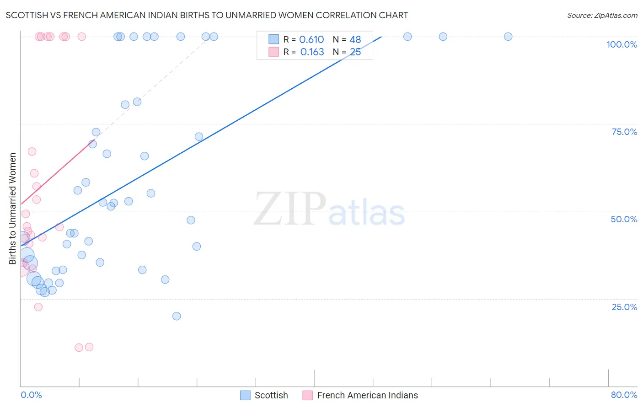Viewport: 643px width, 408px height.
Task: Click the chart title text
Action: [x=207, y=15]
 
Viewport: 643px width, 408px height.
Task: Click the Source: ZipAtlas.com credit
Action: [x=602, y=15]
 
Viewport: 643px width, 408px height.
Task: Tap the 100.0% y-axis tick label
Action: [x=622, y=44]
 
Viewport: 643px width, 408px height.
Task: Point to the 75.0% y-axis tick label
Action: [x=624, y=132]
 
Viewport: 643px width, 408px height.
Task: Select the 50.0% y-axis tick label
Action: [x=624, y=219]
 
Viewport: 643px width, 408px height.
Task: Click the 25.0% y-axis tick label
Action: [x=624, y=306]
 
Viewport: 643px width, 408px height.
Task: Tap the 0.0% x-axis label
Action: [x=31, y=395]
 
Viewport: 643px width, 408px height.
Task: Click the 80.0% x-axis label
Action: [x=624, y=395]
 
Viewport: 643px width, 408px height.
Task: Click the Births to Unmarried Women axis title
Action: [x=12, y=209]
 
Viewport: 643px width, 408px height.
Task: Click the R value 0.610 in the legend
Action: [x=311, y=40]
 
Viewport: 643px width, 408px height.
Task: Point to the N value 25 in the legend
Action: [x=355, y=52]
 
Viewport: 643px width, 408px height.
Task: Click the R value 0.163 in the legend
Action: [x=312, y=52]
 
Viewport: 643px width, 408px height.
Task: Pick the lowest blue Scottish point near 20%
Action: [x=177, y=316]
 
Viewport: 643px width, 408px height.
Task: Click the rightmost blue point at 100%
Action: [x=508, y=37]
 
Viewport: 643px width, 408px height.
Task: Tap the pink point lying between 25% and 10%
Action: [x=38, y=307]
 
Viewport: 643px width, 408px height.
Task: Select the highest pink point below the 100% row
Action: [x=32, y=151]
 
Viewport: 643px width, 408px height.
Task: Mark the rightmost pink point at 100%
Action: [x=82, y=37]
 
